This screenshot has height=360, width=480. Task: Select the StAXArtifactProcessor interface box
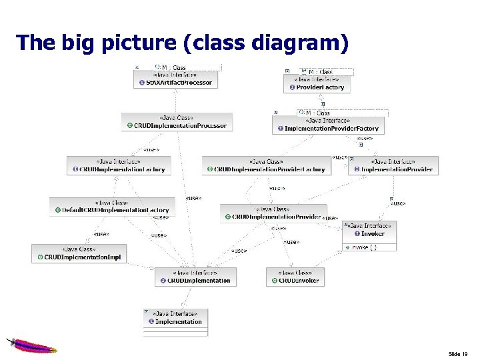coord(176,79)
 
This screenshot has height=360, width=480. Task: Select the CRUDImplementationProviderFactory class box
coord(266,165)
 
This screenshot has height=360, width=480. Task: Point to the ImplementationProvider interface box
coord(393,165)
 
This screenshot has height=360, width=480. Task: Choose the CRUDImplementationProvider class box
coord(273,213)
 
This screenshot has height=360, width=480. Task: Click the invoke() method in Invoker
coord(364,247)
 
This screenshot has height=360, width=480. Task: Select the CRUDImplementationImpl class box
coord(79,253)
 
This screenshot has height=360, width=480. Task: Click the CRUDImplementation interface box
coord(195,277)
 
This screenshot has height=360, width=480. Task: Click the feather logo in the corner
coord(30,345)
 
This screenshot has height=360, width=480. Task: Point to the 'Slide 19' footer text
coord(458,353)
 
